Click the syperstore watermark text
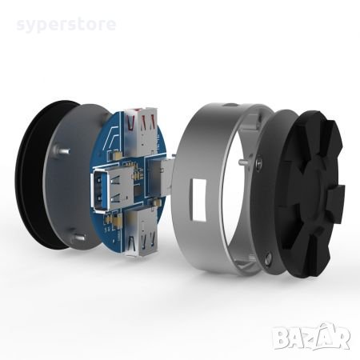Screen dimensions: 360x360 (x=66, y=24)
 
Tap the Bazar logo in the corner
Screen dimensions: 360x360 (x=312, y=336)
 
